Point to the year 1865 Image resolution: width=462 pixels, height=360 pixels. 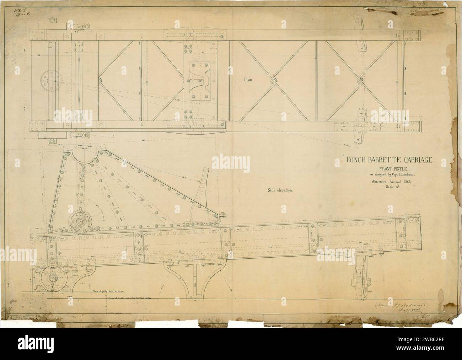tap(404, 181)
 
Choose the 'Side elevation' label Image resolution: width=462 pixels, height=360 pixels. tap(280, 190)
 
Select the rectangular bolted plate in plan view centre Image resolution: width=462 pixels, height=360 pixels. tap(200, 80)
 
